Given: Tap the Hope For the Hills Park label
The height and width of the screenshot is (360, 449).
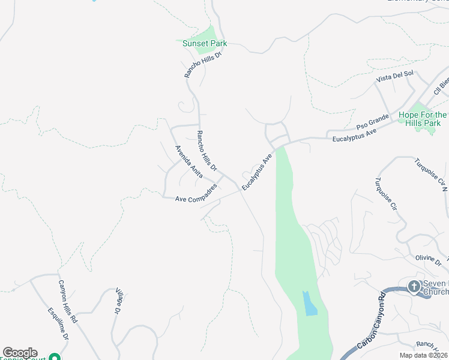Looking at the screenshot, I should coord(423,119).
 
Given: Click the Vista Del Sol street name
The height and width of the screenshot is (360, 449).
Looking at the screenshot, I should coord(395,76).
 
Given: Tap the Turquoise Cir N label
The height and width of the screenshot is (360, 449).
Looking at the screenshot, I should coord(431,175).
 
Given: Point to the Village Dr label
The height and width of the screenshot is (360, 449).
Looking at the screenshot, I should coord(118,302).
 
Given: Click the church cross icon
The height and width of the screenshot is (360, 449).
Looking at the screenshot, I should coord(414,287).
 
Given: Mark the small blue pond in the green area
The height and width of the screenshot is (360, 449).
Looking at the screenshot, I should coord(309,303).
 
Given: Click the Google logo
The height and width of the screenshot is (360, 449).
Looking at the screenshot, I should coord(20,353).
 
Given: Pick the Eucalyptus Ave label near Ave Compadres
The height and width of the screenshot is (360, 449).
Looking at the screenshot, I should coord(257,172).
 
